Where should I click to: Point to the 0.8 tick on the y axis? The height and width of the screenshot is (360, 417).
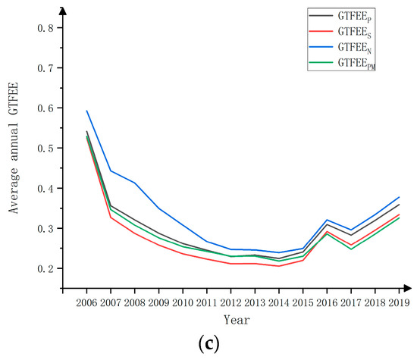point(45,28)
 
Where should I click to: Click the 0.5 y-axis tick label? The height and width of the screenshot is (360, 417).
point(45,149)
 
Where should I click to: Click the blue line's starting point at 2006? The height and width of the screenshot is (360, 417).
point(86,111)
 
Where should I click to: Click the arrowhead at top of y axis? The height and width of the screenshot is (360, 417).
point(63,10)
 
